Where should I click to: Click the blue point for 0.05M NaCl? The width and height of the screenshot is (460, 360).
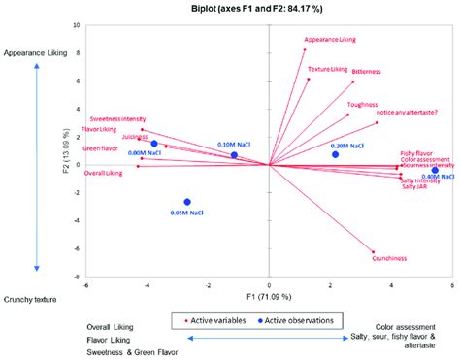[x=188, y=202]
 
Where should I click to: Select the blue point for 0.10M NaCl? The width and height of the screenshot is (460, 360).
[x=234, y=155]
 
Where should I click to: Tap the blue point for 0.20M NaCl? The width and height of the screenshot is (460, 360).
[x=336, y=154]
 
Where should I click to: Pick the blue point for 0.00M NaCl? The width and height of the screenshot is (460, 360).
[x=154, y=144]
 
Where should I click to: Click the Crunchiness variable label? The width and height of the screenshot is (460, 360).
[x=388, y=258]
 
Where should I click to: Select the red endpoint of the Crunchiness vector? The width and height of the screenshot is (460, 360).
[x=373, y=252]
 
